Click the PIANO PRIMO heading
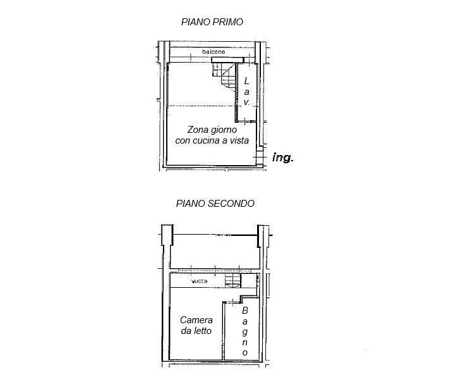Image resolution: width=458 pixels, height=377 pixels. click(x=212, y=22)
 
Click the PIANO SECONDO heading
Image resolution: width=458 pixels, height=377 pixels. click(x=215, y=204)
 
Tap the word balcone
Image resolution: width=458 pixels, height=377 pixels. click(x=214, y=52)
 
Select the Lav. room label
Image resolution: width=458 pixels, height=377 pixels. click(x=246, y=91)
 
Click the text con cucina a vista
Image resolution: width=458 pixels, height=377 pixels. click(x=212, y=140)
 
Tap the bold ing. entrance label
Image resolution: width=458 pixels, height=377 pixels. click(x=283, y=158)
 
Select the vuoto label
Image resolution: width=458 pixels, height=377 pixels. click(x=199, y=281)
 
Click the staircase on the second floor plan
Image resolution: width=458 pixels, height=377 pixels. click(x=233, y=280)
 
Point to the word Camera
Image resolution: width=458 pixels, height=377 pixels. click(x=196, y=320)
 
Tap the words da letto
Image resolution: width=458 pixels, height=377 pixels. click(x=196, y=331)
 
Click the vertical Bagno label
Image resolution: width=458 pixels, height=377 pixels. click(x=244, y=331)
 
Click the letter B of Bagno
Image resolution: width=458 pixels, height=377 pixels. click(x=244, y=311)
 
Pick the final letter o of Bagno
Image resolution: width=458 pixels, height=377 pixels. click(x=244, y=353)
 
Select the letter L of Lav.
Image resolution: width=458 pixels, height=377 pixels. click(x=246, y=81)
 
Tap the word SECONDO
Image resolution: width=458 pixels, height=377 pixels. click(x=232, y=204)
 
